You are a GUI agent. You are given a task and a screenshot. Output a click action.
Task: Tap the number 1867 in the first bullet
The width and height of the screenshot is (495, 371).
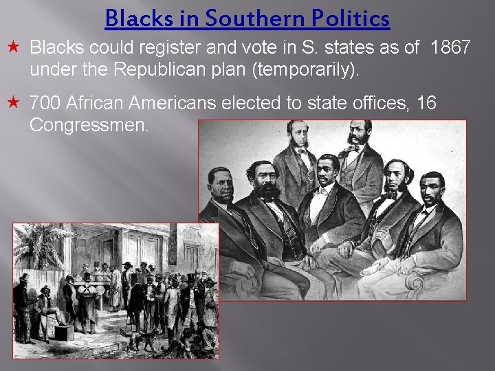pyautogui.click(x=451, y=48)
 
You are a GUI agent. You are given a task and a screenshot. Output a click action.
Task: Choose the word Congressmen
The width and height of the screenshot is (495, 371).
pyautogui.click(x=89, y=126)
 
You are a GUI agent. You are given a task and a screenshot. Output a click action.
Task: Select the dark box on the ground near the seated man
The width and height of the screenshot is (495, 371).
pyautogui.click(x=64, y=333)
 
